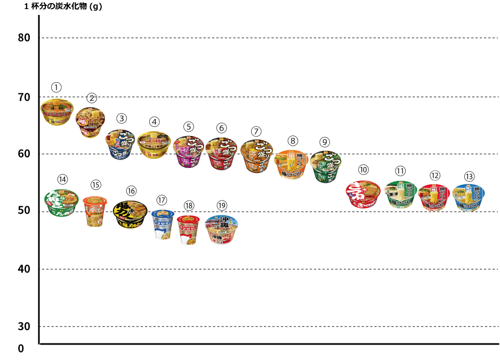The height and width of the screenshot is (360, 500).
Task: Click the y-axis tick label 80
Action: click(x=24, y=38)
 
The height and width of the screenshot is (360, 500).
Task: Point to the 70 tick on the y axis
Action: click(x=24, y=97)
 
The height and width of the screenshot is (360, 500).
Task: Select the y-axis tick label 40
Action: click(x=24, y=269)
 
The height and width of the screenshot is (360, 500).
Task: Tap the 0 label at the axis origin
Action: click(x=21, y=349)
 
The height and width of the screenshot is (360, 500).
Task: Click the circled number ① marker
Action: click(x=57, y=87)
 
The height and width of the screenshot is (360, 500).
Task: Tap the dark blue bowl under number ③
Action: click(x=123, y=145)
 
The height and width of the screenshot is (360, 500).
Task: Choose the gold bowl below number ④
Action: click(x=154, y=145)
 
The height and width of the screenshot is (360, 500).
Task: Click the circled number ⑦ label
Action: click(x=256, y=131)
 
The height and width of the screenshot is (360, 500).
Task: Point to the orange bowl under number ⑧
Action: click(x=292, y=164)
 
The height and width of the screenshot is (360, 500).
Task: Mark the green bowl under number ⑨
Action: click(x=325, y=167)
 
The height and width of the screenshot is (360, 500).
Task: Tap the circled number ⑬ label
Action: click(x=469, y=176)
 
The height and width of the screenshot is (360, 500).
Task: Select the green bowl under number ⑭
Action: click(x=62, y=203)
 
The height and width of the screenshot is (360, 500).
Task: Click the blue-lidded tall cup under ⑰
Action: click(x=163, y=224)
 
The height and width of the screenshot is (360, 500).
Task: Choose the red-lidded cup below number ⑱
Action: click(x=188, y=230)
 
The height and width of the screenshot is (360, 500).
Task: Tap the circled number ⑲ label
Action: click(x=222, y=205)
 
